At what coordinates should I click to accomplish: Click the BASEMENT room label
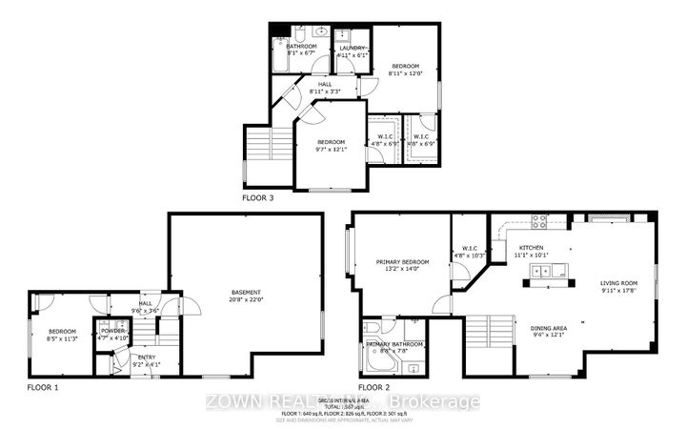[246, 292]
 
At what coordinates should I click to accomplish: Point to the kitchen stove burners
[538, 223]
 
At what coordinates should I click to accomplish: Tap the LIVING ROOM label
[618, 283]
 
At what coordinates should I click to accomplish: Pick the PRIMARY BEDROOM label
[402, 262]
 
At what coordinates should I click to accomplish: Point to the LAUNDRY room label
[351, 46]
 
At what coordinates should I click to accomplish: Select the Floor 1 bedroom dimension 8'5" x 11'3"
[62, 337]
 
